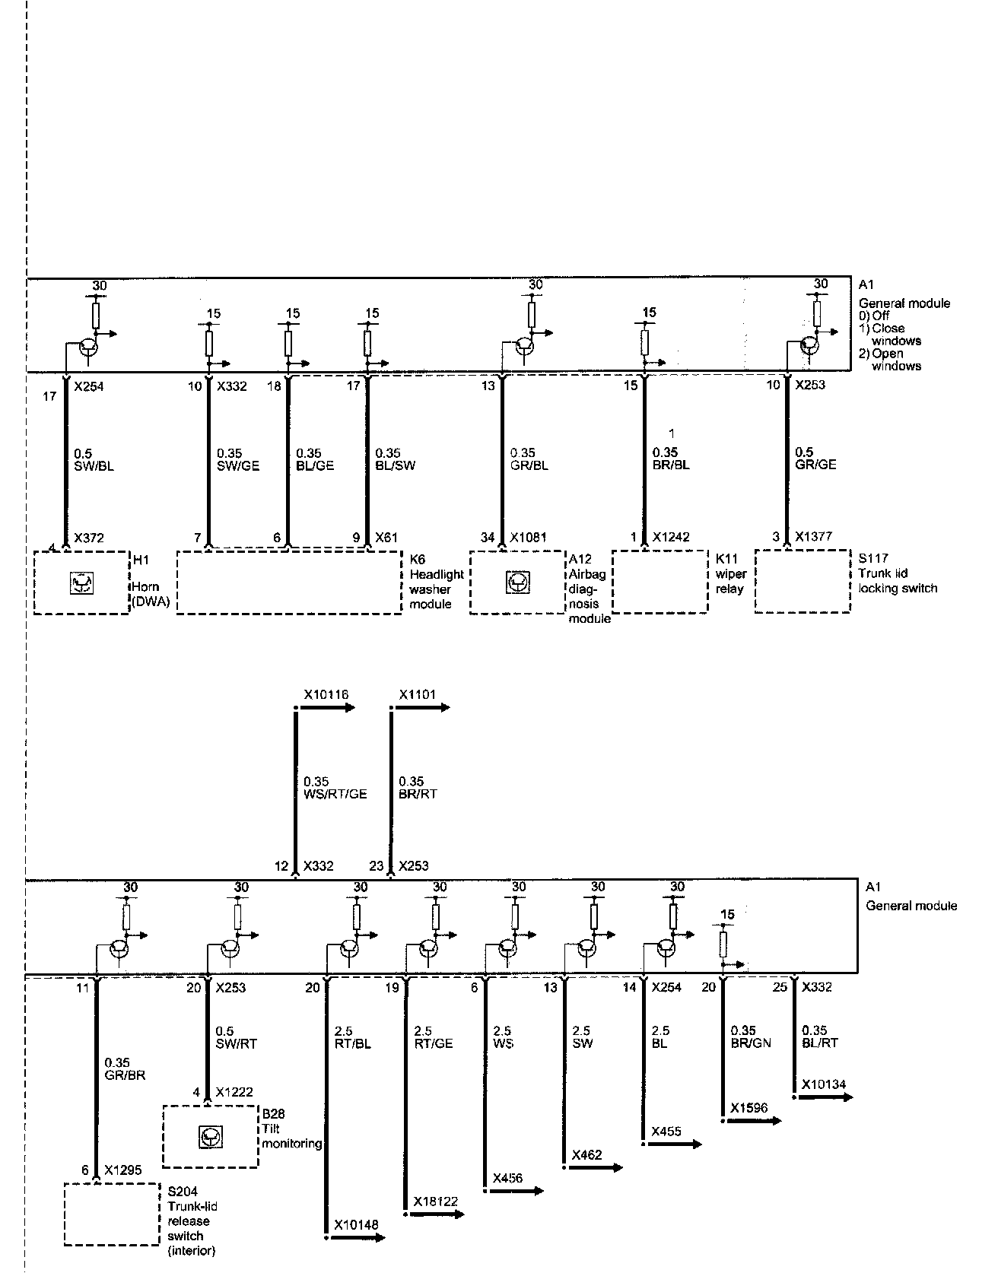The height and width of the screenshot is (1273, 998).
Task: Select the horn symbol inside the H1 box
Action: [81, 583]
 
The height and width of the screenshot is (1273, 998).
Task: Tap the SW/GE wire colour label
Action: [238, 465]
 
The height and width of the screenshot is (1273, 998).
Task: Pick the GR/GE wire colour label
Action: [815, 465]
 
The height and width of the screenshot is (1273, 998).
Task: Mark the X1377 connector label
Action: [813, 537]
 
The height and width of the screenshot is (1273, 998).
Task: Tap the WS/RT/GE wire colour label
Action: [335, 794]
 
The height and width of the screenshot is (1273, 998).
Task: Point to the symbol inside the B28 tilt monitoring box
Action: [209, 1137]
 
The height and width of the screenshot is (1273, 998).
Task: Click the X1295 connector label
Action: [123, 1170]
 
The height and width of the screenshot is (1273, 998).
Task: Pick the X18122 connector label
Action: [436, 1202]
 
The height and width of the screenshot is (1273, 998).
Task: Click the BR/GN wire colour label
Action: [750, 1043]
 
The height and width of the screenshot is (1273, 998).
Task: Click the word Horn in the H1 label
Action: [145, 587]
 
